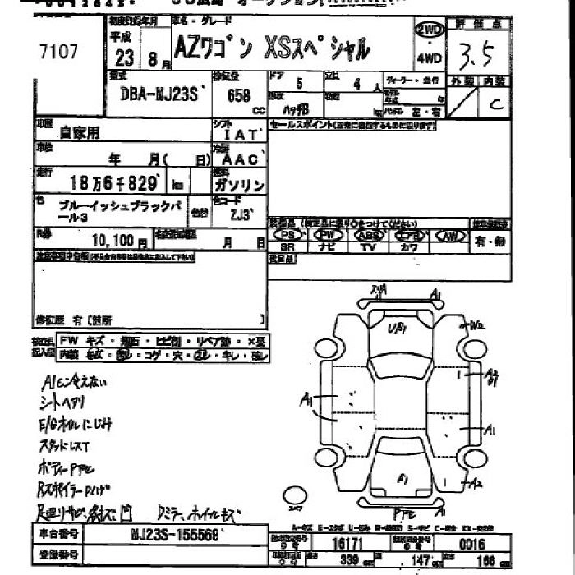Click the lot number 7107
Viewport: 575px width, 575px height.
point(59,53)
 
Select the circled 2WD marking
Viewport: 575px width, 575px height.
point(430,30)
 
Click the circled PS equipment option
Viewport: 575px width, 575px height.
point(287,235)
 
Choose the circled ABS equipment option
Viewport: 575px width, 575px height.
point(369,235)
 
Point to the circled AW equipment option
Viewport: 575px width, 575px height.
point(450,236)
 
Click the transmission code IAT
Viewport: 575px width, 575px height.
point(237,135)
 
